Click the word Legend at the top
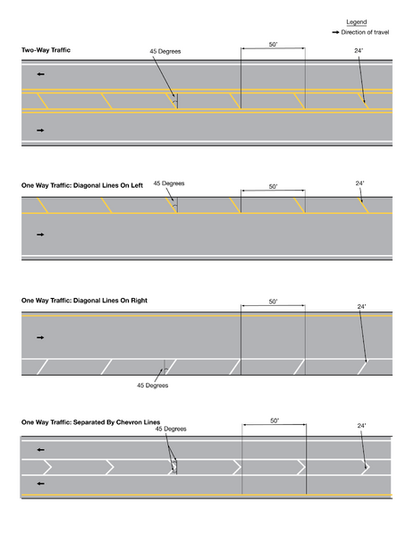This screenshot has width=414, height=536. [356, 21]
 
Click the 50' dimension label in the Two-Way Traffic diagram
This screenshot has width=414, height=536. [273, 45]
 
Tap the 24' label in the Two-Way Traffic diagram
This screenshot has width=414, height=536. [359, 50]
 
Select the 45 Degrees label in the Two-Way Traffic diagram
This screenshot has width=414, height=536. [165, 51]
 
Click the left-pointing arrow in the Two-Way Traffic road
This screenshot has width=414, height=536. [40, 74]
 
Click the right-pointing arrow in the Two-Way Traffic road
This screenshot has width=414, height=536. [40, 130]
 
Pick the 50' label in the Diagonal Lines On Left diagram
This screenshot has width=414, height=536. [273, 187]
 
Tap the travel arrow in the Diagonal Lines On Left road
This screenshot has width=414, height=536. [40, 234]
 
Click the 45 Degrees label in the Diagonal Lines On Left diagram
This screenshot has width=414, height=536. [168, 183]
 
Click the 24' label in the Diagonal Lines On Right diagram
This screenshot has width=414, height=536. [361, 307]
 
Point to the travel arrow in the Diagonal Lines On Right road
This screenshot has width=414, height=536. [40, 337]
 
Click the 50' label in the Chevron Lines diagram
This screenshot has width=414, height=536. [275, 421]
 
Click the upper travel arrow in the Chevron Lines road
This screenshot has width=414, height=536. [40, 449]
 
